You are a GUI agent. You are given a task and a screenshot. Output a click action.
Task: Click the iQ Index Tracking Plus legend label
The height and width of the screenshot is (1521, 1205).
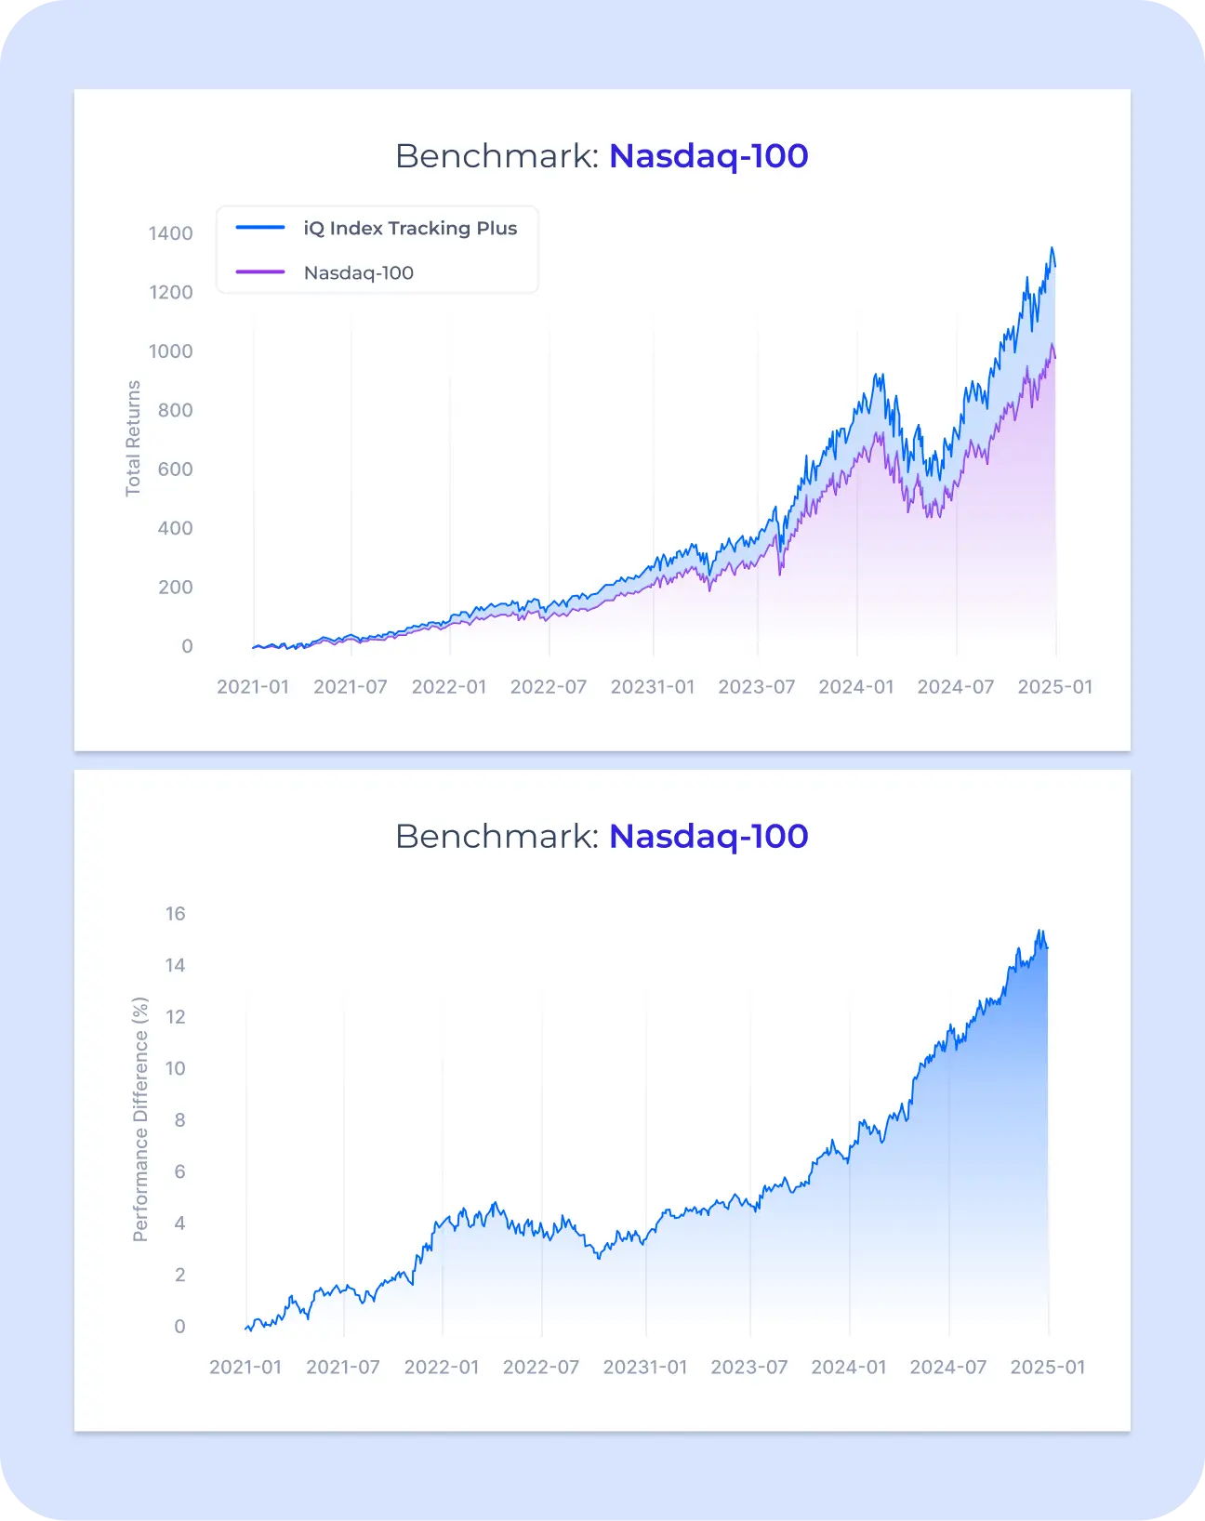[x=410, y=229]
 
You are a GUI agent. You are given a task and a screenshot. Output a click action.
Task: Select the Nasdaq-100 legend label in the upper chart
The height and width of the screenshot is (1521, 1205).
[x=358, y=273]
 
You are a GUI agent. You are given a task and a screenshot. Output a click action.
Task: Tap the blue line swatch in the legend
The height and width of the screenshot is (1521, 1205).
[x=260, y=228]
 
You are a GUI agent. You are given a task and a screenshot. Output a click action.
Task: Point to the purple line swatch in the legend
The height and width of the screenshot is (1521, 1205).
[x=260, y=272]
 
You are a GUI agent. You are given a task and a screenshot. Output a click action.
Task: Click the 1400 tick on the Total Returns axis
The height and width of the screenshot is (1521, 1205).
[x=171, y=233]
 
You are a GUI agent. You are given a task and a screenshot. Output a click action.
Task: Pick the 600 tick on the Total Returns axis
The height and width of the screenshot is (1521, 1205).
[x=175, y=470]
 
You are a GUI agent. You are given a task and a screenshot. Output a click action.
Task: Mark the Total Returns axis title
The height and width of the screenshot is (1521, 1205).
[x=133, y=438]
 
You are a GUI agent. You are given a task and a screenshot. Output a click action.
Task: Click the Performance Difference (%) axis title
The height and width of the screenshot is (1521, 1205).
[x=140, y=1119]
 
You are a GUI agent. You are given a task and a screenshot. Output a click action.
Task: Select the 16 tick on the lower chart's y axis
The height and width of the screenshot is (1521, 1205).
[x=176, y=914]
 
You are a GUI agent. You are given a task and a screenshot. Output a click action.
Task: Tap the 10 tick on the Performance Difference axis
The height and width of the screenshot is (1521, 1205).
[x=176, y=1068]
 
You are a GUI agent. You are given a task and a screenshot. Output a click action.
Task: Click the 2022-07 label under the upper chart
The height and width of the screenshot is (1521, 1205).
[x=549, y=687]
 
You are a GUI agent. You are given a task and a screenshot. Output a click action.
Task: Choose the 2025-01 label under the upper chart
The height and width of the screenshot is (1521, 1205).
[x=1055, y=687]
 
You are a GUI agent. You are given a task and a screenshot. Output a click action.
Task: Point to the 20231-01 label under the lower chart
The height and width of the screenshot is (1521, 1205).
[x=645, y=1368]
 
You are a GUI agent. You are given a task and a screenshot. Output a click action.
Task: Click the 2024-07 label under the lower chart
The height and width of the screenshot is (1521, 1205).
[x=948, y=1368]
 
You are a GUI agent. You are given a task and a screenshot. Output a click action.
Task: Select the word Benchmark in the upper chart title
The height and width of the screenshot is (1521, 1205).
[x=497, y=156]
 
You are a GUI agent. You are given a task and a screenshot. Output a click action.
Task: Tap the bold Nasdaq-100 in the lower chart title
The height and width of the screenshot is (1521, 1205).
[x=708, y=837]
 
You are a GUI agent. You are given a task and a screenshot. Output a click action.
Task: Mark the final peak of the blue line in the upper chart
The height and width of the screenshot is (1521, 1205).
[x=1052, y=248]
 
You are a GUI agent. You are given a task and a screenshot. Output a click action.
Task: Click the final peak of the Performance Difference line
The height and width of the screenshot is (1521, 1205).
[x=1040, y=931]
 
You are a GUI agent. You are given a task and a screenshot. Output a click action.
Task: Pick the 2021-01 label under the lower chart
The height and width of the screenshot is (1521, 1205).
[x=245, y=1368]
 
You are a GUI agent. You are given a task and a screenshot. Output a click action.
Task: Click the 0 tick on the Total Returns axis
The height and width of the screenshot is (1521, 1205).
[x=187, y=646]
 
